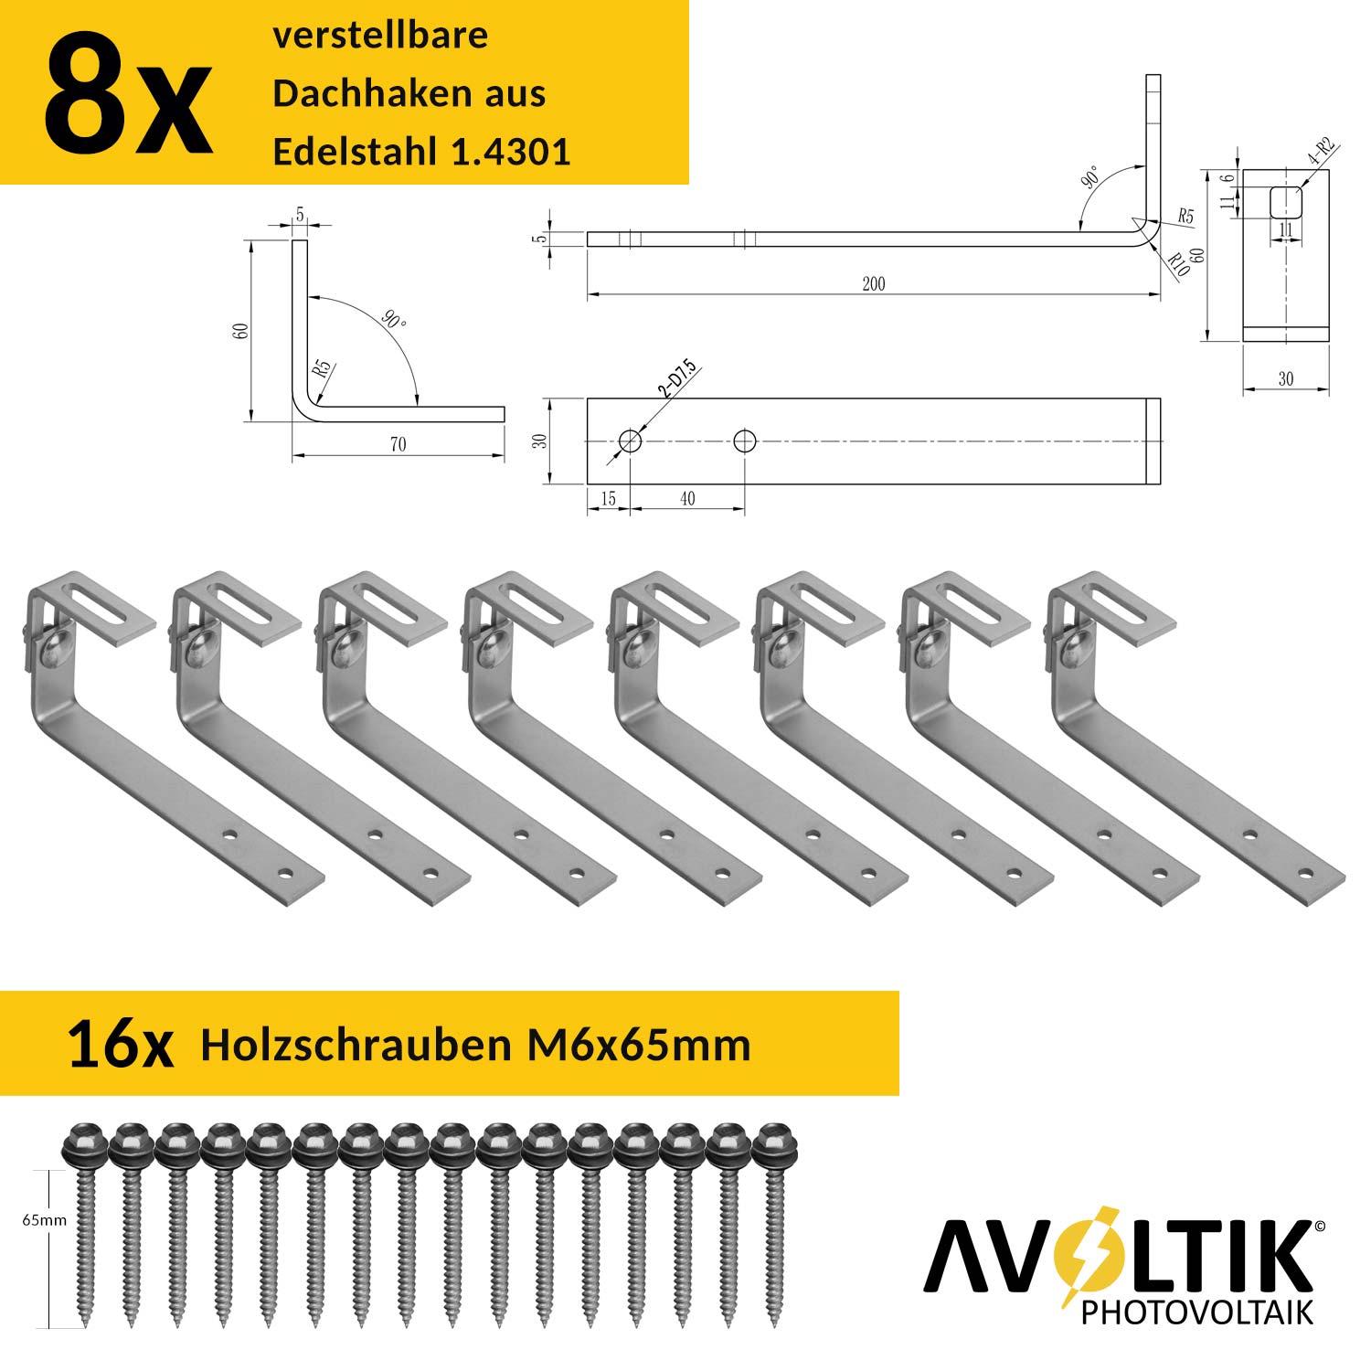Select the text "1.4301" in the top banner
point(511,152)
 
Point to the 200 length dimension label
point(873,284)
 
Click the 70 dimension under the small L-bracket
point(398,445)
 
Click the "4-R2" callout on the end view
point(1322,152)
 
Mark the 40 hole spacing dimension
point(687,499)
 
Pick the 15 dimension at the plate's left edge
point(608,499)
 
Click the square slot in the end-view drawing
point(1285,203)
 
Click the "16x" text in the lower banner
point(120,1046)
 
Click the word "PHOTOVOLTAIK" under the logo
point(1196,1313)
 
